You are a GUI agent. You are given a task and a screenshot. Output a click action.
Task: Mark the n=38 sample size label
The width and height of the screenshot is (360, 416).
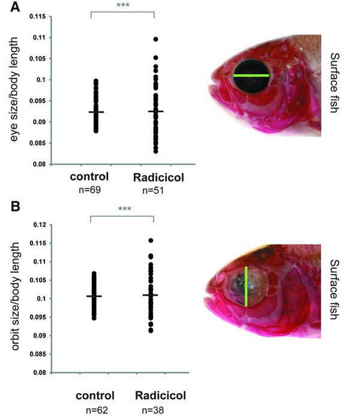[154, 411]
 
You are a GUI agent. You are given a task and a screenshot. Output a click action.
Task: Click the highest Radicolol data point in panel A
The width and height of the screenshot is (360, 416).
[155, 39]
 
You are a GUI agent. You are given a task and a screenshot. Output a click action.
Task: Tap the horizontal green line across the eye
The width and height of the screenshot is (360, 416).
[251, 76]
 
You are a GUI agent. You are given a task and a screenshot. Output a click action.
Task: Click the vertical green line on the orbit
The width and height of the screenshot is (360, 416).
[246, 286]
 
